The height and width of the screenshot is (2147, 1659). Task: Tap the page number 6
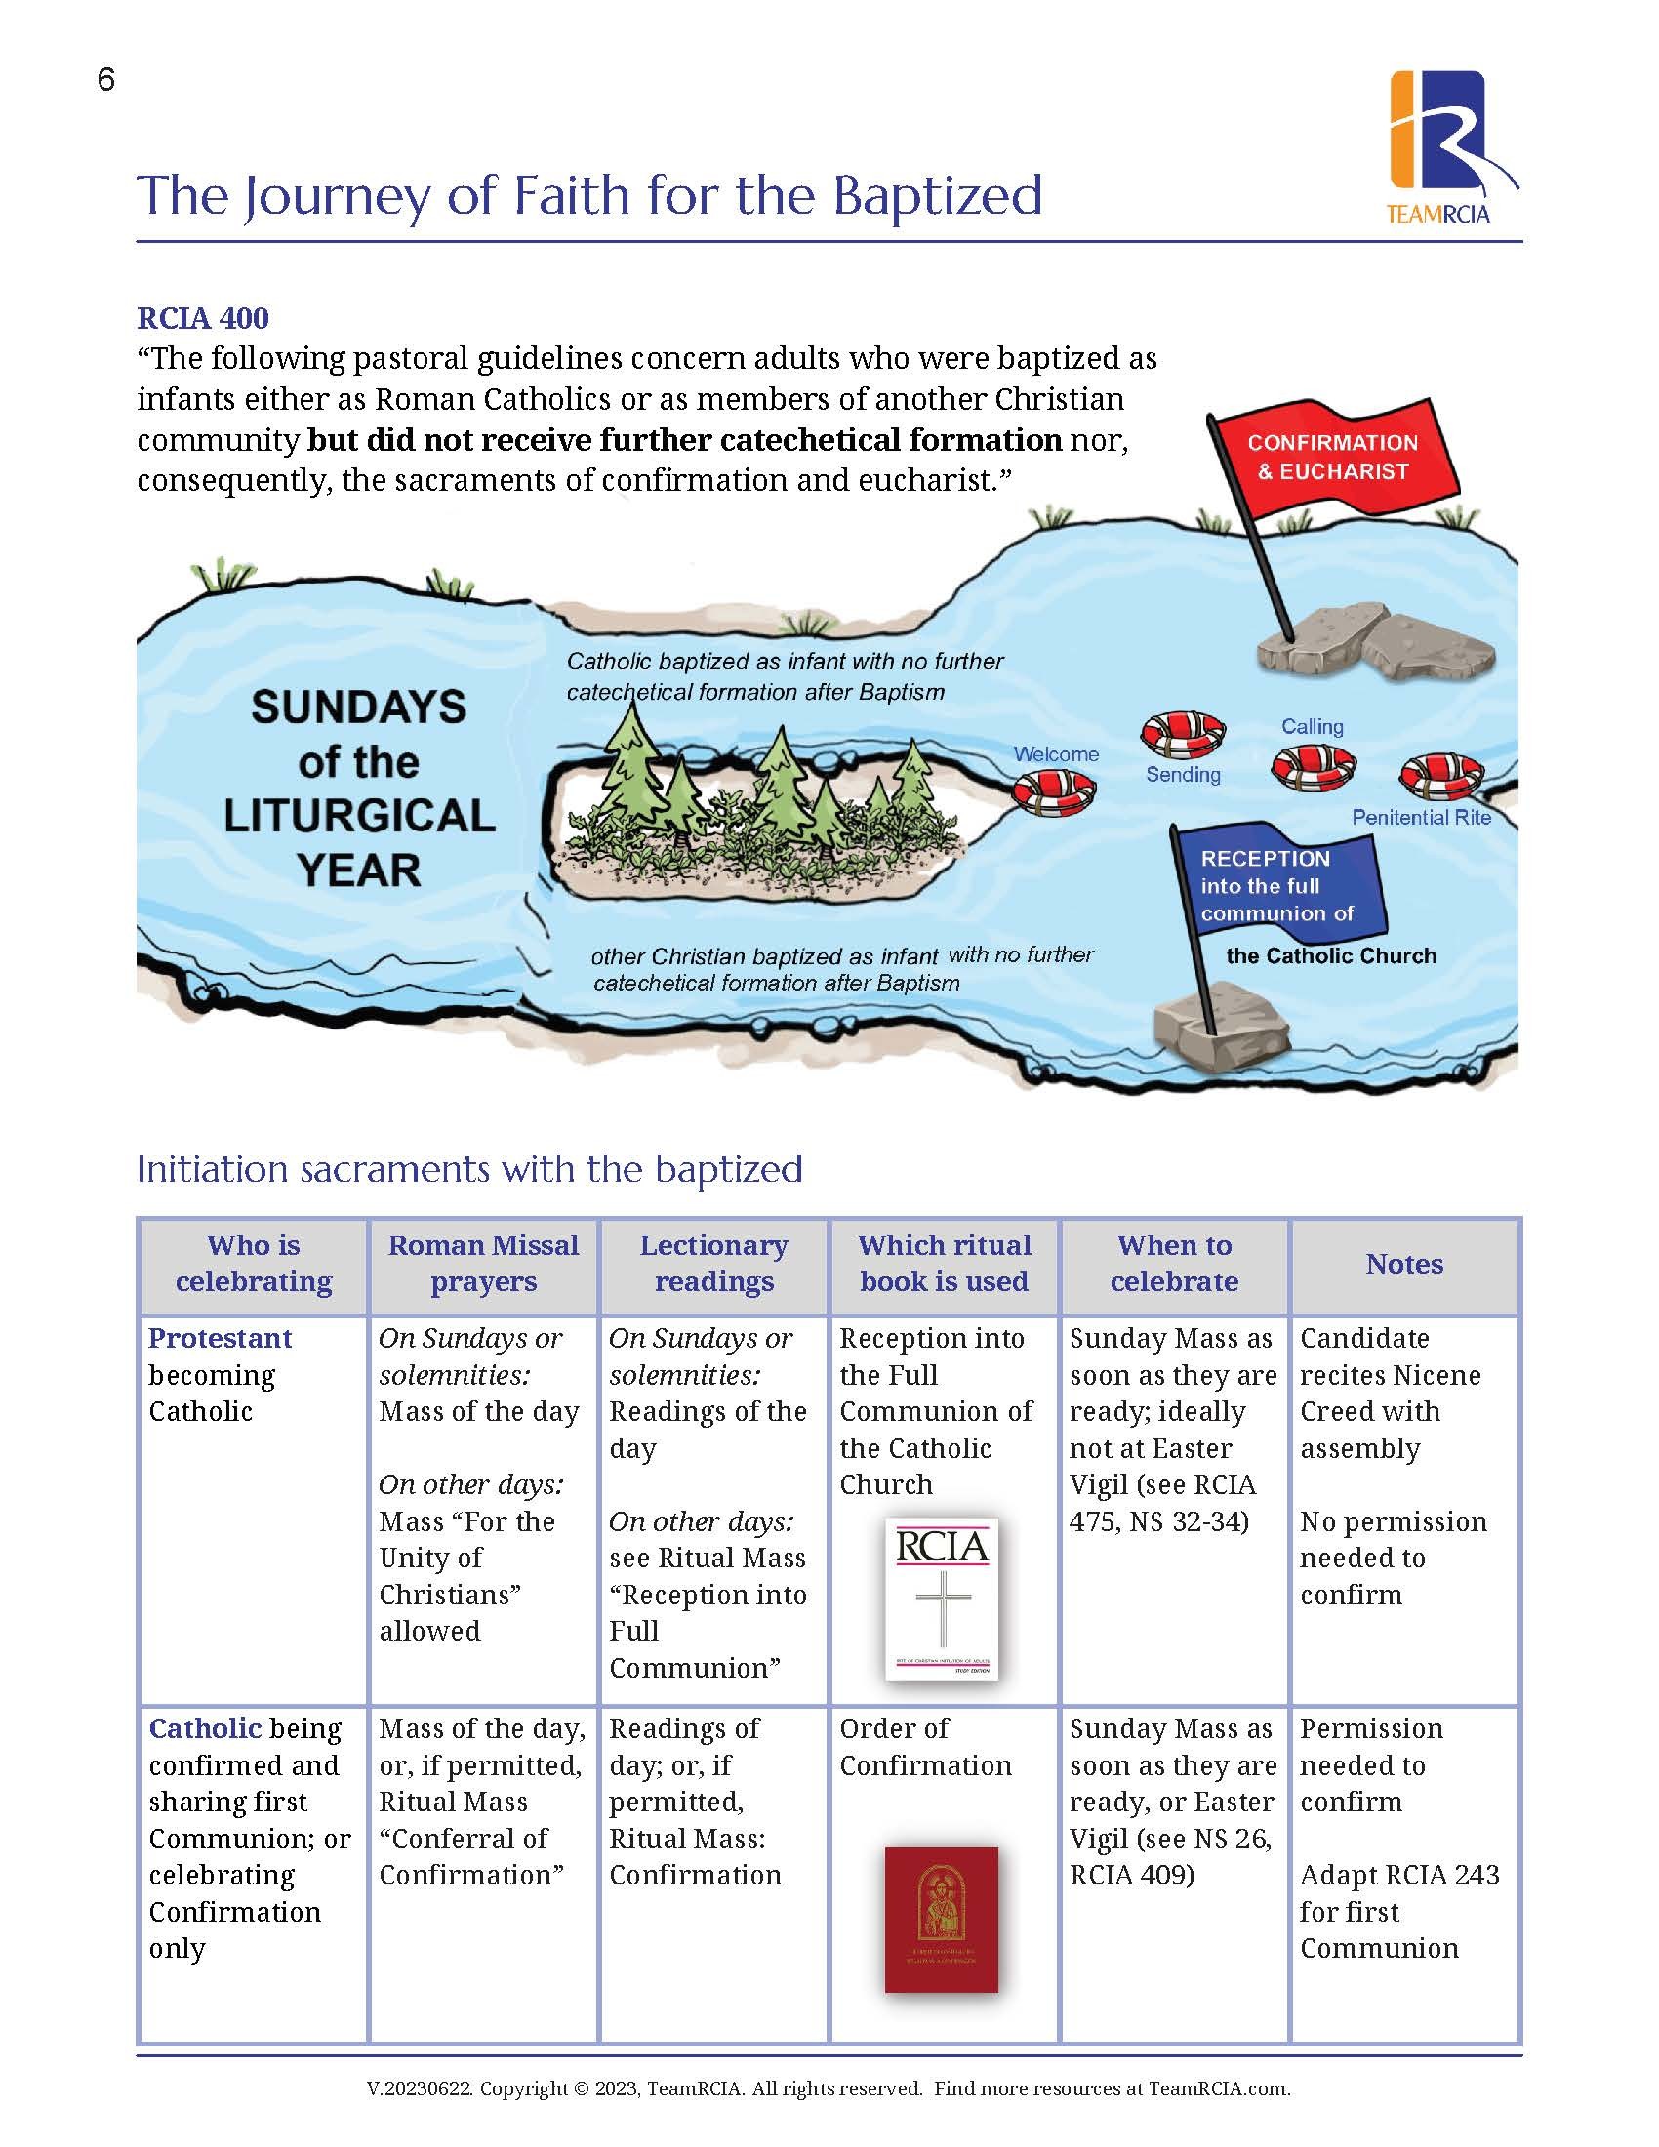(106, 80)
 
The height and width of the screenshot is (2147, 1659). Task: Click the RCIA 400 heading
(202, 318)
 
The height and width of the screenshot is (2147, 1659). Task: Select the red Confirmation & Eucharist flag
(1333, 457)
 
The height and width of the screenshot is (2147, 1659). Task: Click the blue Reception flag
(1276, 886)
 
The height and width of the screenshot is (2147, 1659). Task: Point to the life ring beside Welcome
(1053, 790)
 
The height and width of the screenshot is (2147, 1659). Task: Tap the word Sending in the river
(1183, 775)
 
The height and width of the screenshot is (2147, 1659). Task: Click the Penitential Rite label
(1420, 817)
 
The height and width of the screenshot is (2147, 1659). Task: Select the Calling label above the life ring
(1311, 726)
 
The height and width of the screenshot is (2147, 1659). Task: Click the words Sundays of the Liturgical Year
(359, 789)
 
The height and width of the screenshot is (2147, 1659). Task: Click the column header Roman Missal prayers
(482, 1263)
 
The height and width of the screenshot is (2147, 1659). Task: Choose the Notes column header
(1403, 1264)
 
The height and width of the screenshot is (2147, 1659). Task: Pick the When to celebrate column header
(1173, 1263)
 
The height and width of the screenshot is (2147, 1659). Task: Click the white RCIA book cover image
(942, 1599)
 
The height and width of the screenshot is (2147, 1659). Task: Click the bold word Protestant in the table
(221, 1339)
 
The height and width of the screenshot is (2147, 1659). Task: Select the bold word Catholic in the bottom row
(204, 1728)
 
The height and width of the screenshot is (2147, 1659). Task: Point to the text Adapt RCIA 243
(1398, 1875)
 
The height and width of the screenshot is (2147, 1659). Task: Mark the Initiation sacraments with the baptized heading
(468, 1169)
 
